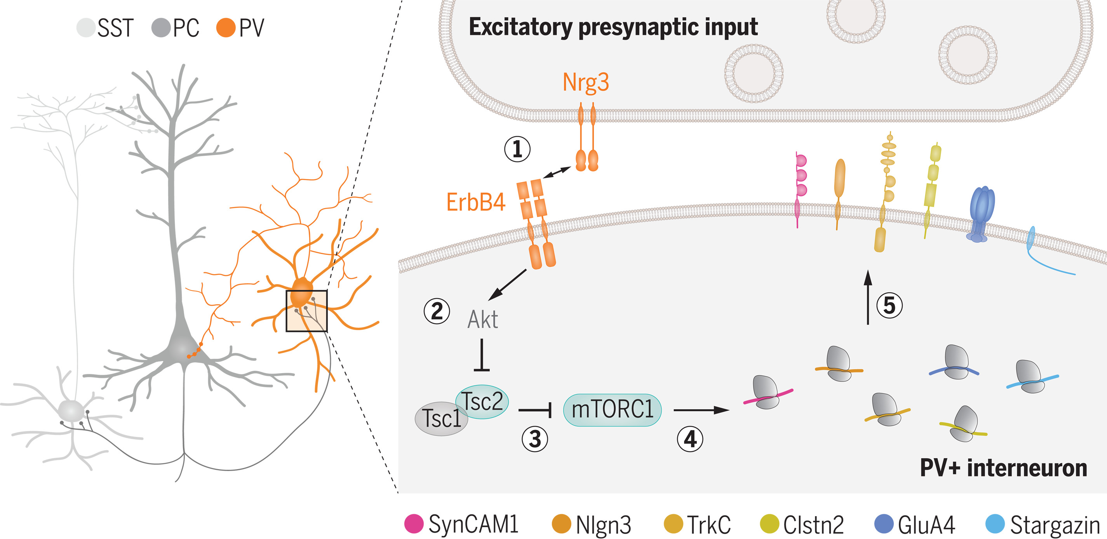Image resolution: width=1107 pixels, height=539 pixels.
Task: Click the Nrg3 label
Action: tap(585, 82)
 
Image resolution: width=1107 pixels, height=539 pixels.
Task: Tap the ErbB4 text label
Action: tap(475, 202)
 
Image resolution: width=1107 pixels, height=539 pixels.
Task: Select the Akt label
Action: tap(482, 320)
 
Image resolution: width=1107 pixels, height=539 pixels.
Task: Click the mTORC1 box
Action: tap(612, 410)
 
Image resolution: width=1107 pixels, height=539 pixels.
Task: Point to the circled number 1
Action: tap(517, 149)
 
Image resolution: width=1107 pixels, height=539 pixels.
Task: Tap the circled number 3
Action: tap(534, 439)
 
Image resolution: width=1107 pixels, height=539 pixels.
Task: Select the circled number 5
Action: tap(889, 306)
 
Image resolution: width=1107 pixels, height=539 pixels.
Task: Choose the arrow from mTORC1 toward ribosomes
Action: tap(700, 410)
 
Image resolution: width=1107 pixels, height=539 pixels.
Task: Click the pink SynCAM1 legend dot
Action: tap(414, 523)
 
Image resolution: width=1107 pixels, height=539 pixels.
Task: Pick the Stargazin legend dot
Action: tap(995, 523)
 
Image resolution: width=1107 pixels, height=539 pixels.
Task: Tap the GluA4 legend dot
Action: tap(884, 523)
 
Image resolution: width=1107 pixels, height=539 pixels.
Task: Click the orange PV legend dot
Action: tap(226, 28)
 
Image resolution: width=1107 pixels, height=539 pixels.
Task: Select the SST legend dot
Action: tap(85, 28)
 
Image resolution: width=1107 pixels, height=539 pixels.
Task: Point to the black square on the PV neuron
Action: tap(306, 311)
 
